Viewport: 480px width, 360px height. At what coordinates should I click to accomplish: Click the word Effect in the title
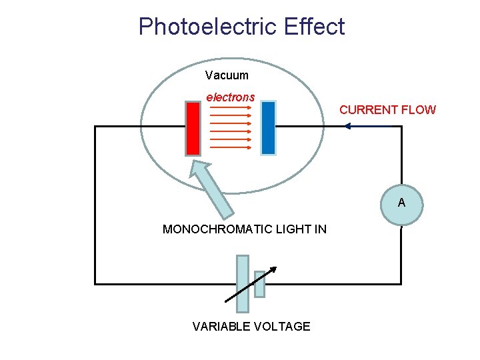click(313, 27)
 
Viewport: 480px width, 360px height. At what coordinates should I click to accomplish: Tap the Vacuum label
click(227, 75)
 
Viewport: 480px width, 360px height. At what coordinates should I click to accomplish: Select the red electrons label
click(230, 97)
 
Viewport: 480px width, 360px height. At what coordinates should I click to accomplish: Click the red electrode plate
click(193, 128)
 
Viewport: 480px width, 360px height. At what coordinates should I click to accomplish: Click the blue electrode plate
click(268, 128)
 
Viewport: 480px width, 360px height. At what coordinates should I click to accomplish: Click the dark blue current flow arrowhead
click(347, 126)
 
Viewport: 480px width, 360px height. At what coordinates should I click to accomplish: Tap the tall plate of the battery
click(243, 283)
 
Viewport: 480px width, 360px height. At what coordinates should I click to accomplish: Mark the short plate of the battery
click(260, 284)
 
